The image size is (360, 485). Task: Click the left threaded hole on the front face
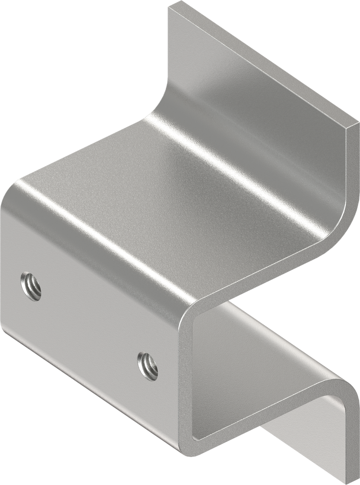[x=31, y=286]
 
